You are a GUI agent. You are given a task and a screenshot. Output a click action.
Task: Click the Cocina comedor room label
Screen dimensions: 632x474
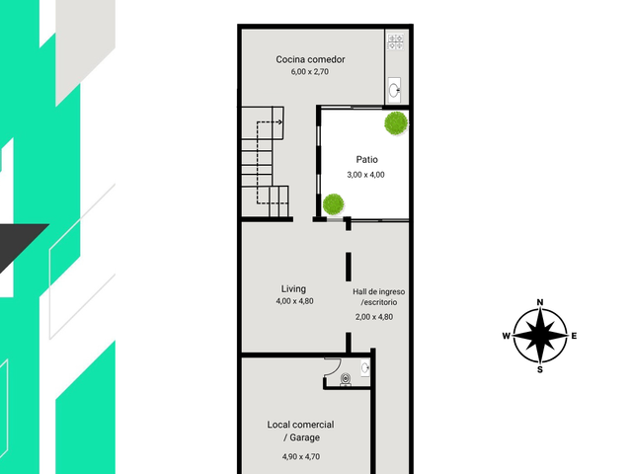point(310,59)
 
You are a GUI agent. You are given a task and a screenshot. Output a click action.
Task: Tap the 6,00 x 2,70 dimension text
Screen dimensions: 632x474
point(309,72)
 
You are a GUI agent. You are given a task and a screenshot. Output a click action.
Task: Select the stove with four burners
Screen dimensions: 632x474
point(395,42)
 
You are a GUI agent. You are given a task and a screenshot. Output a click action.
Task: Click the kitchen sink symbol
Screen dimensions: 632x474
point(394,90)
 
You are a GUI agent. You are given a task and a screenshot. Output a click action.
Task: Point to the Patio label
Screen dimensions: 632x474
point(366,160)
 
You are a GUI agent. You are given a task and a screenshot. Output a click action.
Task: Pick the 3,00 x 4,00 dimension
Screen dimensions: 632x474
point(365,175)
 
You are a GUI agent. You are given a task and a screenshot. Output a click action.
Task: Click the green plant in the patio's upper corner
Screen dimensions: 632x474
point(396,123)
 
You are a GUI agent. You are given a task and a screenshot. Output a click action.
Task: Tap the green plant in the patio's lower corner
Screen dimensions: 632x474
point(334,204)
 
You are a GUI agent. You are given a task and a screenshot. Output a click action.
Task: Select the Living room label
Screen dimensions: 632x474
point(293,289)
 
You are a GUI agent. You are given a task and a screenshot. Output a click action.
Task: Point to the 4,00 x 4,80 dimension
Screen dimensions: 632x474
point(294,301)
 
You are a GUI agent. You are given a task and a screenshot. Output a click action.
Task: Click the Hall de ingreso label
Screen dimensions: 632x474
point(379,292)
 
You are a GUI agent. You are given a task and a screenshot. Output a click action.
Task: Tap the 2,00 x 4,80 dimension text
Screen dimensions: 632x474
point(374,317)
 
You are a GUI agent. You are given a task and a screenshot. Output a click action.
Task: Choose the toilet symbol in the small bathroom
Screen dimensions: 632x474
point(346,379)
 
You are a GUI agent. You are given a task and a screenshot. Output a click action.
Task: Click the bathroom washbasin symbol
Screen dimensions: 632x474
point(364,368)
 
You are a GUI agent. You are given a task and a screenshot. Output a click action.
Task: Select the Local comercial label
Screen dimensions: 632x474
point(300,425)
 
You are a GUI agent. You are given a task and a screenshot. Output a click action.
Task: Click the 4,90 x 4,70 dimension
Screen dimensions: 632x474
point(301,456)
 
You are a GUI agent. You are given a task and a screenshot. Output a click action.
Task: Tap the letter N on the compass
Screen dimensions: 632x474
point(540,302)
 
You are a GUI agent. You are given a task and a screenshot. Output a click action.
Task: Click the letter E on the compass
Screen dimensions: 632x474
point(574,336)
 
